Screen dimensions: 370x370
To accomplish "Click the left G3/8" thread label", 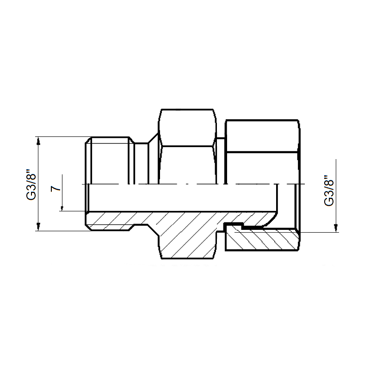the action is pos(31,184).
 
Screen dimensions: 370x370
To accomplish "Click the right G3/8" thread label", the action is pos(329,191).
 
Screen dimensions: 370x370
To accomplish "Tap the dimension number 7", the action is pos(55,188).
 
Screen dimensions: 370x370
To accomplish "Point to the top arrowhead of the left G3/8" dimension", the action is pos(39,141).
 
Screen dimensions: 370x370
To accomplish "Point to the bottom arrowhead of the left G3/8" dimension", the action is pos(39,227).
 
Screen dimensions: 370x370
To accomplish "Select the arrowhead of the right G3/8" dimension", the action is pos(336,228).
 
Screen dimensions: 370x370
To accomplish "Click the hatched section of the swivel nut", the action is pos(262,238).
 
